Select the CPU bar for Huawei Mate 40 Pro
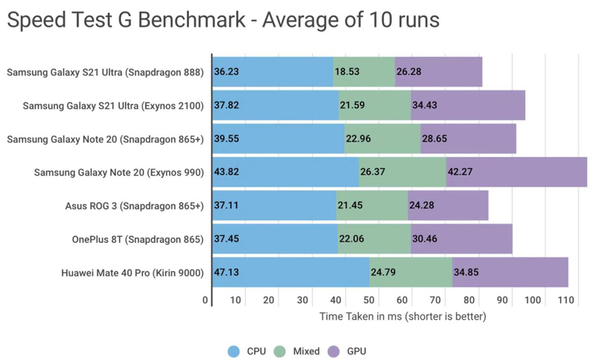coord(291,273)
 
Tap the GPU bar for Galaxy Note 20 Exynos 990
coord(516,173)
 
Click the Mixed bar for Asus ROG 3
coord(371,205)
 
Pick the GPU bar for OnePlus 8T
coord(461,239)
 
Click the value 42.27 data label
coord(460,173)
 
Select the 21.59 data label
coord(352,106)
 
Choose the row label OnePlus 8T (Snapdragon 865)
coord(137,239)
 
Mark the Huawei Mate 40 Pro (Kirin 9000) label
coord(132,273)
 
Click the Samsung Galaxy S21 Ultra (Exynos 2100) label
coord(113,106)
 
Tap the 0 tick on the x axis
coord(205,300)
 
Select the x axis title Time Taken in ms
coord(403,317)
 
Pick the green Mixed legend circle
coord(280,351)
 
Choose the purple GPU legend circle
coord(334,351)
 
